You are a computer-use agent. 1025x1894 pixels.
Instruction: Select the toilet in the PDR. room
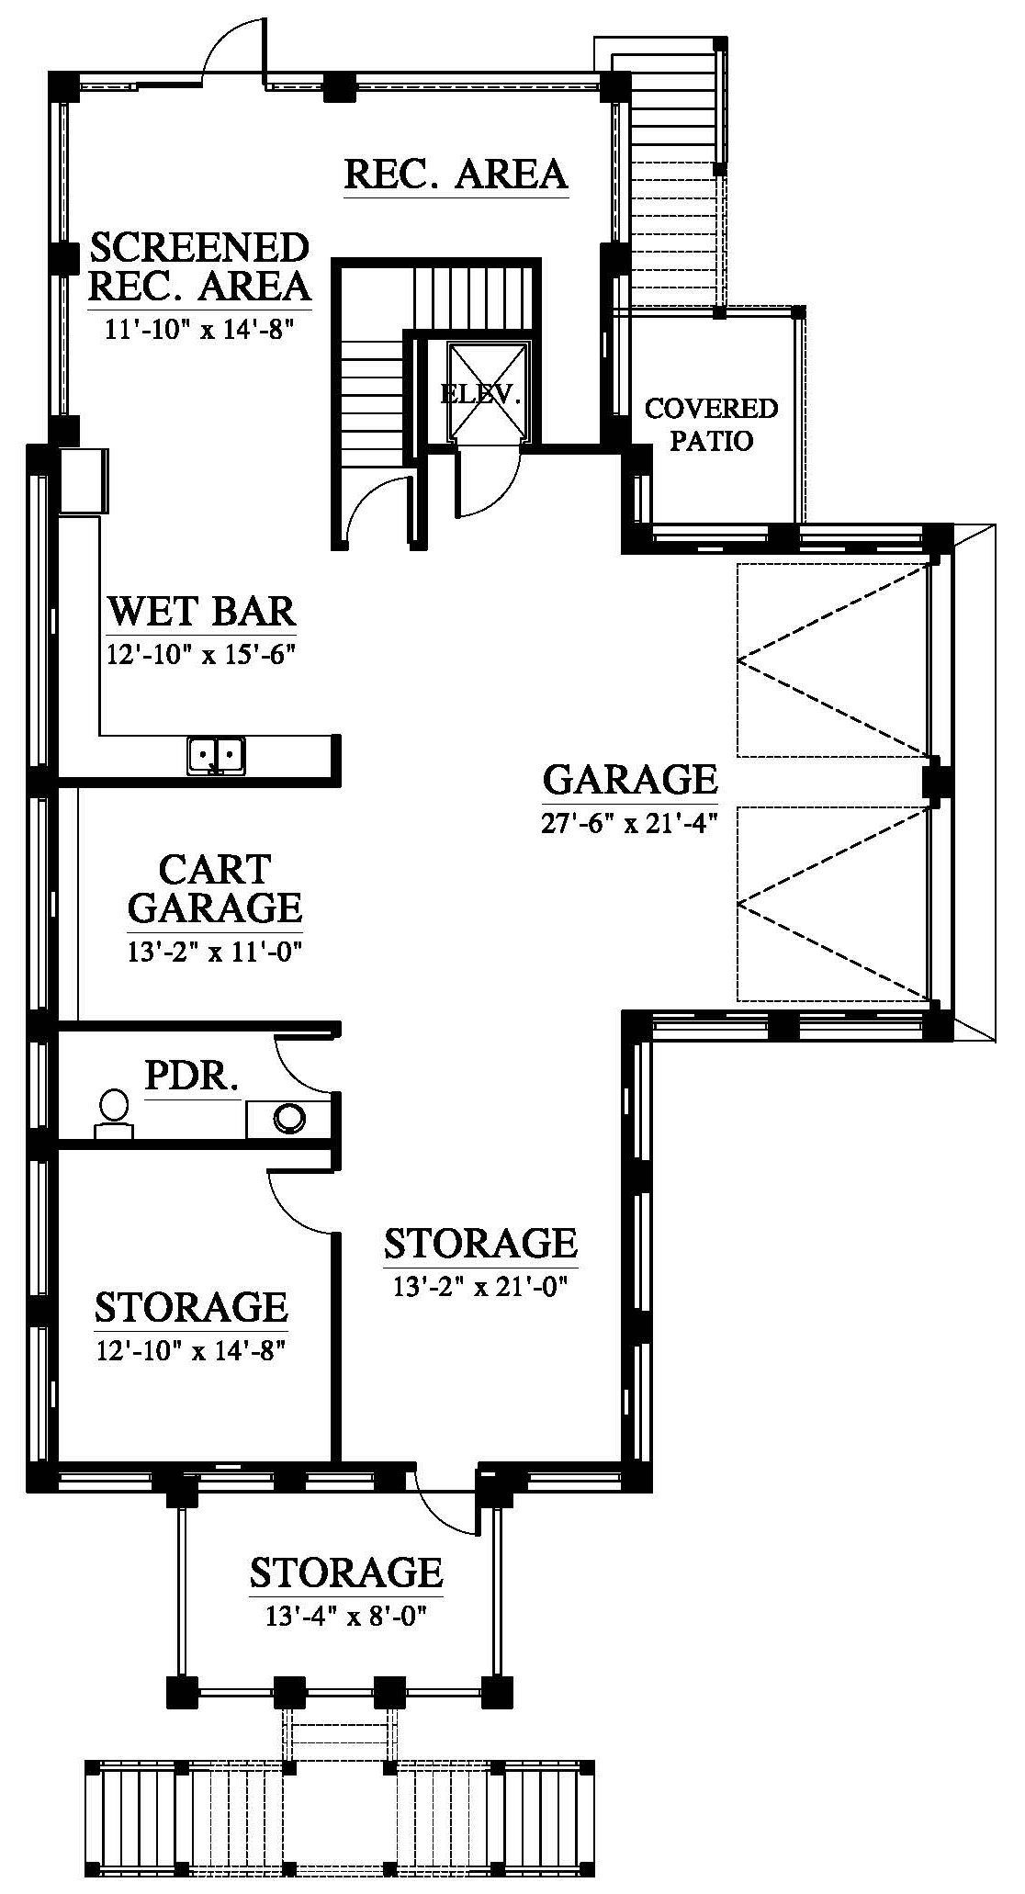pyautogui.click(x=114, y=1114)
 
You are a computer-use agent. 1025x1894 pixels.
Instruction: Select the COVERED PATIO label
pyautogui.click(x=711, y=423)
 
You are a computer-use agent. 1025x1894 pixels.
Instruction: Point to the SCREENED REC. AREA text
pyautogui.click(x=199, y=266)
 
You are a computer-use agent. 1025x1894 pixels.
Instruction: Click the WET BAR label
pyautogui.click(x=202, y=611)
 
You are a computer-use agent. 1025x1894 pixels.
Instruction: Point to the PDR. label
pyautogui.click(x=192, y=1076)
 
